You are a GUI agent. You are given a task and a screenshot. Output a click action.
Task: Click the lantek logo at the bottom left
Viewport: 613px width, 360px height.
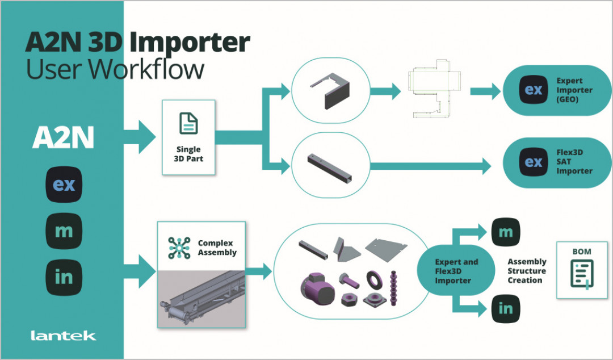point(63,336)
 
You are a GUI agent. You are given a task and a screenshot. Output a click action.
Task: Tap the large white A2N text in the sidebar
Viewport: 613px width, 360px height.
point(63,137)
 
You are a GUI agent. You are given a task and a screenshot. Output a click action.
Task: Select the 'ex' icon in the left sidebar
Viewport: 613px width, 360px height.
point(64,185)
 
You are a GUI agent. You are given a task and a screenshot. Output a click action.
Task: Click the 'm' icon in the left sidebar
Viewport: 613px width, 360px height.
point(64,231)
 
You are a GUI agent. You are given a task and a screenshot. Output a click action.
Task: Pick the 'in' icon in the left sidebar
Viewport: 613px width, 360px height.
point(64,277)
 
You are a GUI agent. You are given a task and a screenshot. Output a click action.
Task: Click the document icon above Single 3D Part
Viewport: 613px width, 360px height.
point(188,123)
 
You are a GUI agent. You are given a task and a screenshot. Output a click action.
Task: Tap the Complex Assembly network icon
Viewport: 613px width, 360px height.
point(179,248)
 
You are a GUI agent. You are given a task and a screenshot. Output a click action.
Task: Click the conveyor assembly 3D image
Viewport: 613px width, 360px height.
point(202,298)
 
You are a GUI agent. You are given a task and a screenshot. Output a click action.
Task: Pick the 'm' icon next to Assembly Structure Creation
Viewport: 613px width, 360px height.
point(505,232)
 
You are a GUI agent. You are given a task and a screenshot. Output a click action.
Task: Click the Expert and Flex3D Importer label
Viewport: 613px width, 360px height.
point(456,271)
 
